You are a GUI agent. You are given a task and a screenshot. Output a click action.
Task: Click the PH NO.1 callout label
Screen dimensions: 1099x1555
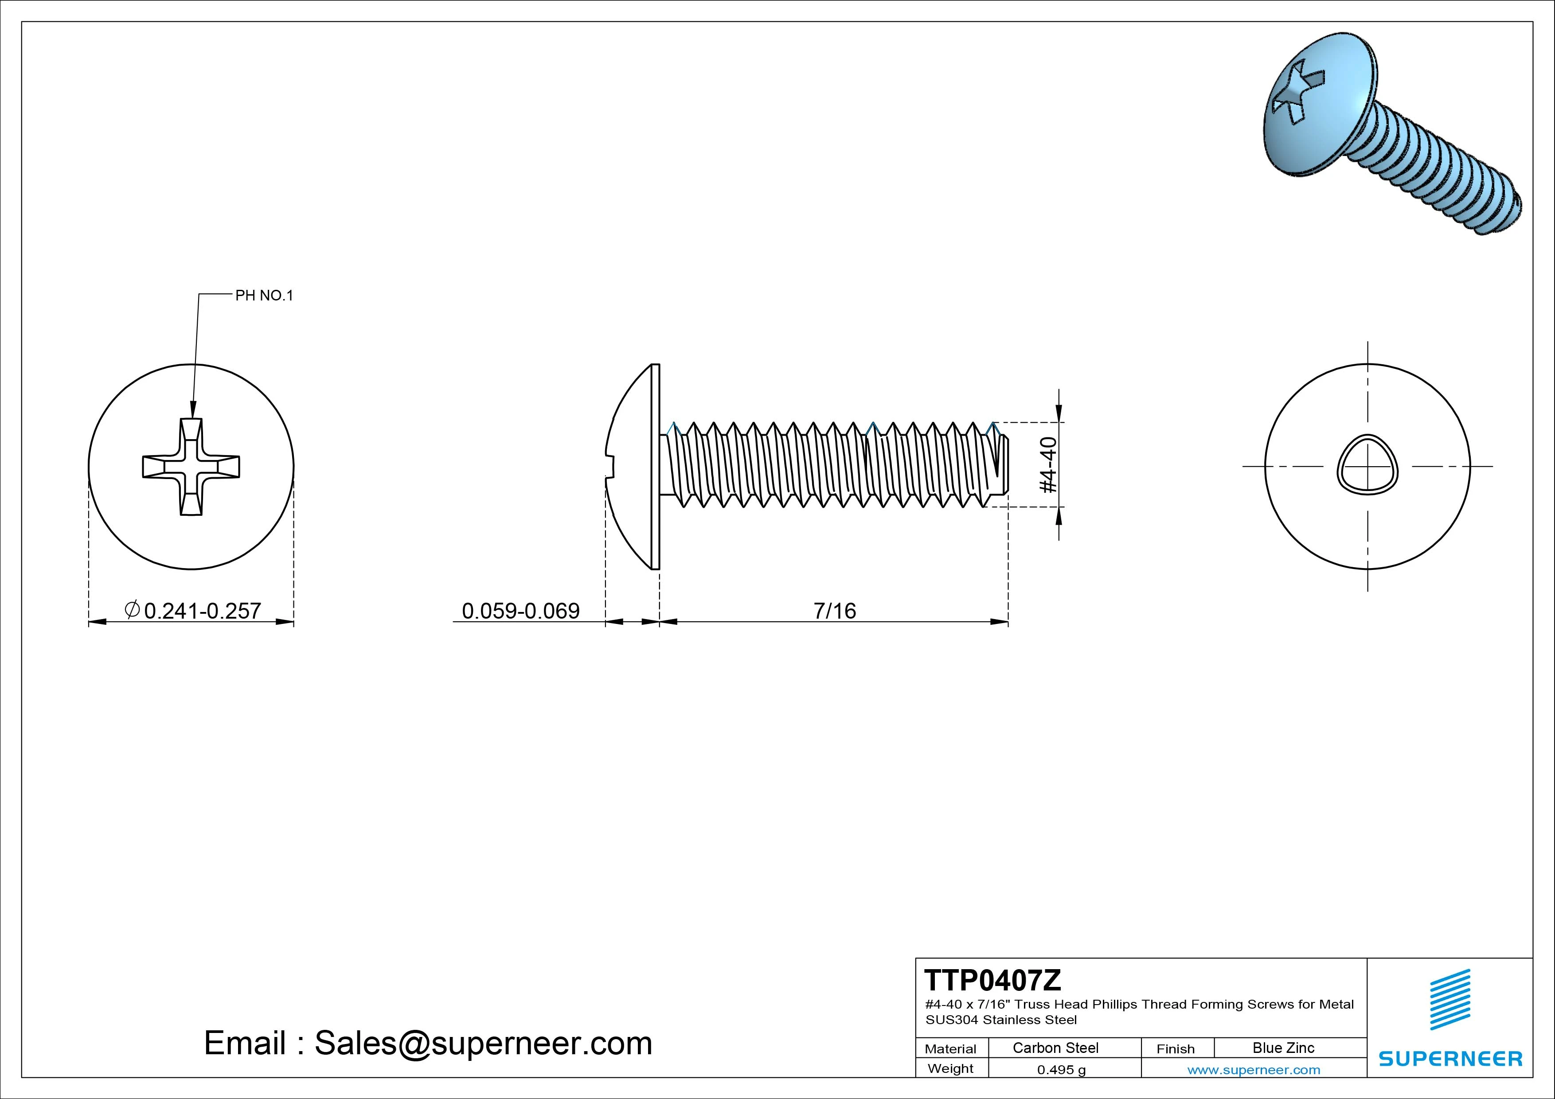coord(264,295)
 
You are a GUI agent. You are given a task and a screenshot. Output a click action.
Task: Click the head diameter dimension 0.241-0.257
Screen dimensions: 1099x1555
coord(202,610)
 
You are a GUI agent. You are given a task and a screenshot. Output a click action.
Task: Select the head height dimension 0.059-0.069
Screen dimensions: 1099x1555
coord(520,611)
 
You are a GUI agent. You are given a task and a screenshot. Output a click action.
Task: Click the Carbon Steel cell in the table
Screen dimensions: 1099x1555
coord(1055,1048)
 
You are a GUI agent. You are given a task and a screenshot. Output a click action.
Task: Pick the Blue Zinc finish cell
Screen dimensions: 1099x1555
coord(1283,1048)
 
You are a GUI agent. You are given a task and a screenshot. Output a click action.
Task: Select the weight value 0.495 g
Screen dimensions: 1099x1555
coord(1061,1070)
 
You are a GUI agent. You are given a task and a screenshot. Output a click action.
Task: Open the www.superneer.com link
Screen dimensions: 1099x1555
coord(1254,1070)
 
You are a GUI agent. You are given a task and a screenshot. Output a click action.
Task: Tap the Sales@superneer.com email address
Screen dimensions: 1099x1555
coord(483,1043)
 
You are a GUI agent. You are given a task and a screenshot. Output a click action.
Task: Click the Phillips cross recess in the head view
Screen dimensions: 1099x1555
coord(191,467)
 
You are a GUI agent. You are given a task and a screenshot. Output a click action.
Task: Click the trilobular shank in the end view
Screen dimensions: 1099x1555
coord(1367,465)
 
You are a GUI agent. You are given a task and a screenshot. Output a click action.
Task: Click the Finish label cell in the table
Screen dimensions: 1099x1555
coord(1175,1048)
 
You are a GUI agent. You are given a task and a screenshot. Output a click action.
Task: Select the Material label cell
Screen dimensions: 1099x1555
coord(950,1048)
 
